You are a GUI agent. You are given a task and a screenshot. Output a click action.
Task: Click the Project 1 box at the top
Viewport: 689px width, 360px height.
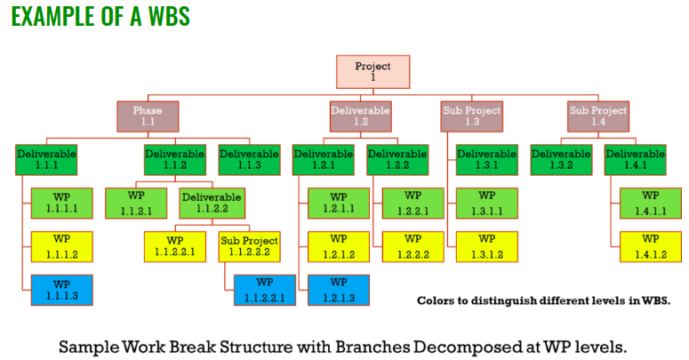pyautogui.click(x=373, y=72)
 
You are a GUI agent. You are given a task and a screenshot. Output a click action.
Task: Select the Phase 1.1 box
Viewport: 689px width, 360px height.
pyautogui.click(x=148, y=116)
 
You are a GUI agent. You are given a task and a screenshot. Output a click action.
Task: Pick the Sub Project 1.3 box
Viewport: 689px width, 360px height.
pyautogui.click(x=472, y=116)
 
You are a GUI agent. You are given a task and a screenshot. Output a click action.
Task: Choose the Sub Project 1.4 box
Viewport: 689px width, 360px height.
pyautogui.click(x=598, y=116)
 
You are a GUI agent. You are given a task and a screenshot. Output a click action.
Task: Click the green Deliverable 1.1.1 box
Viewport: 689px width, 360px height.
pyautogui.click(x=46, y=160)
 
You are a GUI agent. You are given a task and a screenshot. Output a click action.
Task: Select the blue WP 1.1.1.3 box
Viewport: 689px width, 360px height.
pyautogui.click(x=61, y=290)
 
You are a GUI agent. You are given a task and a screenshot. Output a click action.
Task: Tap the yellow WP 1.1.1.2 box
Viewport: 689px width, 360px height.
pyautogui.click(x=61, y=246)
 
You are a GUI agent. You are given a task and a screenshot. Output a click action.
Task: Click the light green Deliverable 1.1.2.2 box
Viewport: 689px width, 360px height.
pyautogui.click(x=211, y=203)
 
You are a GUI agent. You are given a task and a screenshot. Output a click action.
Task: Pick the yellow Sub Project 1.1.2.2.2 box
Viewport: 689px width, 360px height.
pyautogui.click(x=249, y=246)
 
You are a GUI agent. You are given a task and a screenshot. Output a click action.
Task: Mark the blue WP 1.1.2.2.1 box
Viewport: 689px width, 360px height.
pyautogui.click(x=265, y=290)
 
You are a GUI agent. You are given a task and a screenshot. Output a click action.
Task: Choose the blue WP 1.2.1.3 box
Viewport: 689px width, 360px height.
pyautogui.click(x=339, y=290)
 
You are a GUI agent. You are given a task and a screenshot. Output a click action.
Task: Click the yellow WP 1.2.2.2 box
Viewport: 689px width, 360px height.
pyautogui.click(x=413, y=246)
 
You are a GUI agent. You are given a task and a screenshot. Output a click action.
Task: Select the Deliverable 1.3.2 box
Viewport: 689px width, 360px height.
pyautogui.click(x=561, y=160)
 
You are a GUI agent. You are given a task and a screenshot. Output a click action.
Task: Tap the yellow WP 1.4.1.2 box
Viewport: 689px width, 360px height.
pyautogui.click(x=650, y=246)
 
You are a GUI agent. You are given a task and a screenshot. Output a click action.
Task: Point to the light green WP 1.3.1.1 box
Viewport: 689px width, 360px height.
pyautogui.click(x=487, y=203)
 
